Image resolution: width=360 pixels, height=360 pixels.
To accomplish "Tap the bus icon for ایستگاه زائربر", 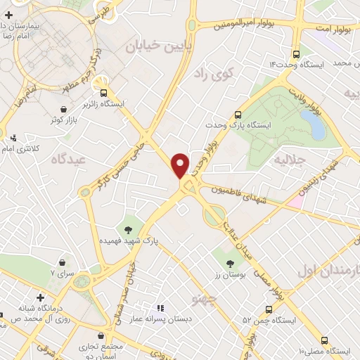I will [104, 92].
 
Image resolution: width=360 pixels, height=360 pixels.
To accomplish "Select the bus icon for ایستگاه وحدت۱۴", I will [295, 53].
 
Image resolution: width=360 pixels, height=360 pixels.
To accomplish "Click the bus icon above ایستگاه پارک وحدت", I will [238, 114].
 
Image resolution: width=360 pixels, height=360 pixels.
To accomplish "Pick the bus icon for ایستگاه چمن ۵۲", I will [269, 309].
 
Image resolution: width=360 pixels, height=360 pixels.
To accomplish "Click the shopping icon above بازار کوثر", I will [65, 109].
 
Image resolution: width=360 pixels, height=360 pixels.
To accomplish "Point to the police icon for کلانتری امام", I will [14, 138].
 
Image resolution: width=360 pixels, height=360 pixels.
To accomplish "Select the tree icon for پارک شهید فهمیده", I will [128, 229].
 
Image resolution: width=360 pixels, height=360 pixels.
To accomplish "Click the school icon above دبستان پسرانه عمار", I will [160, 308].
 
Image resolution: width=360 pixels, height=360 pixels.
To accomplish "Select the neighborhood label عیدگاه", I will [67, 160].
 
